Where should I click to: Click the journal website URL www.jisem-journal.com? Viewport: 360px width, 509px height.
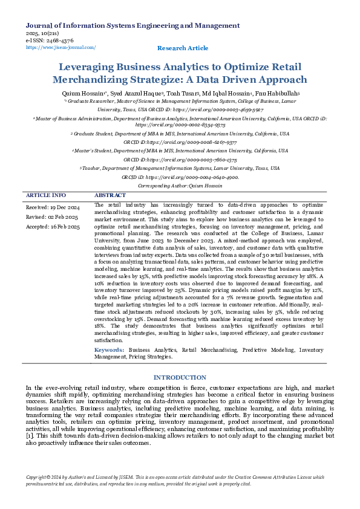click(61, 47)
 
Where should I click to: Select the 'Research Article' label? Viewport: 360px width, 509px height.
click(182, 48)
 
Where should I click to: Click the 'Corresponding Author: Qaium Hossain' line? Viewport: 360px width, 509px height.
click(180, 186)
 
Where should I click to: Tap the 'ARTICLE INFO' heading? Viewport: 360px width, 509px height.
click(46, 196)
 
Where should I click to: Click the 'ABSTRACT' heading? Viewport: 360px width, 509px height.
click(111, 196)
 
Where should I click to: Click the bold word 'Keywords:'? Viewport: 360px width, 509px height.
click(110, 350)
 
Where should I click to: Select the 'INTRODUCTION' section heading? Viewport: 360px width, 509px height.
click(180, 377)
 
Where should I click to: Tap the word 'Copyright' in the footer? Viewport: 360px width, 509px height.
click(37, 478)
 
